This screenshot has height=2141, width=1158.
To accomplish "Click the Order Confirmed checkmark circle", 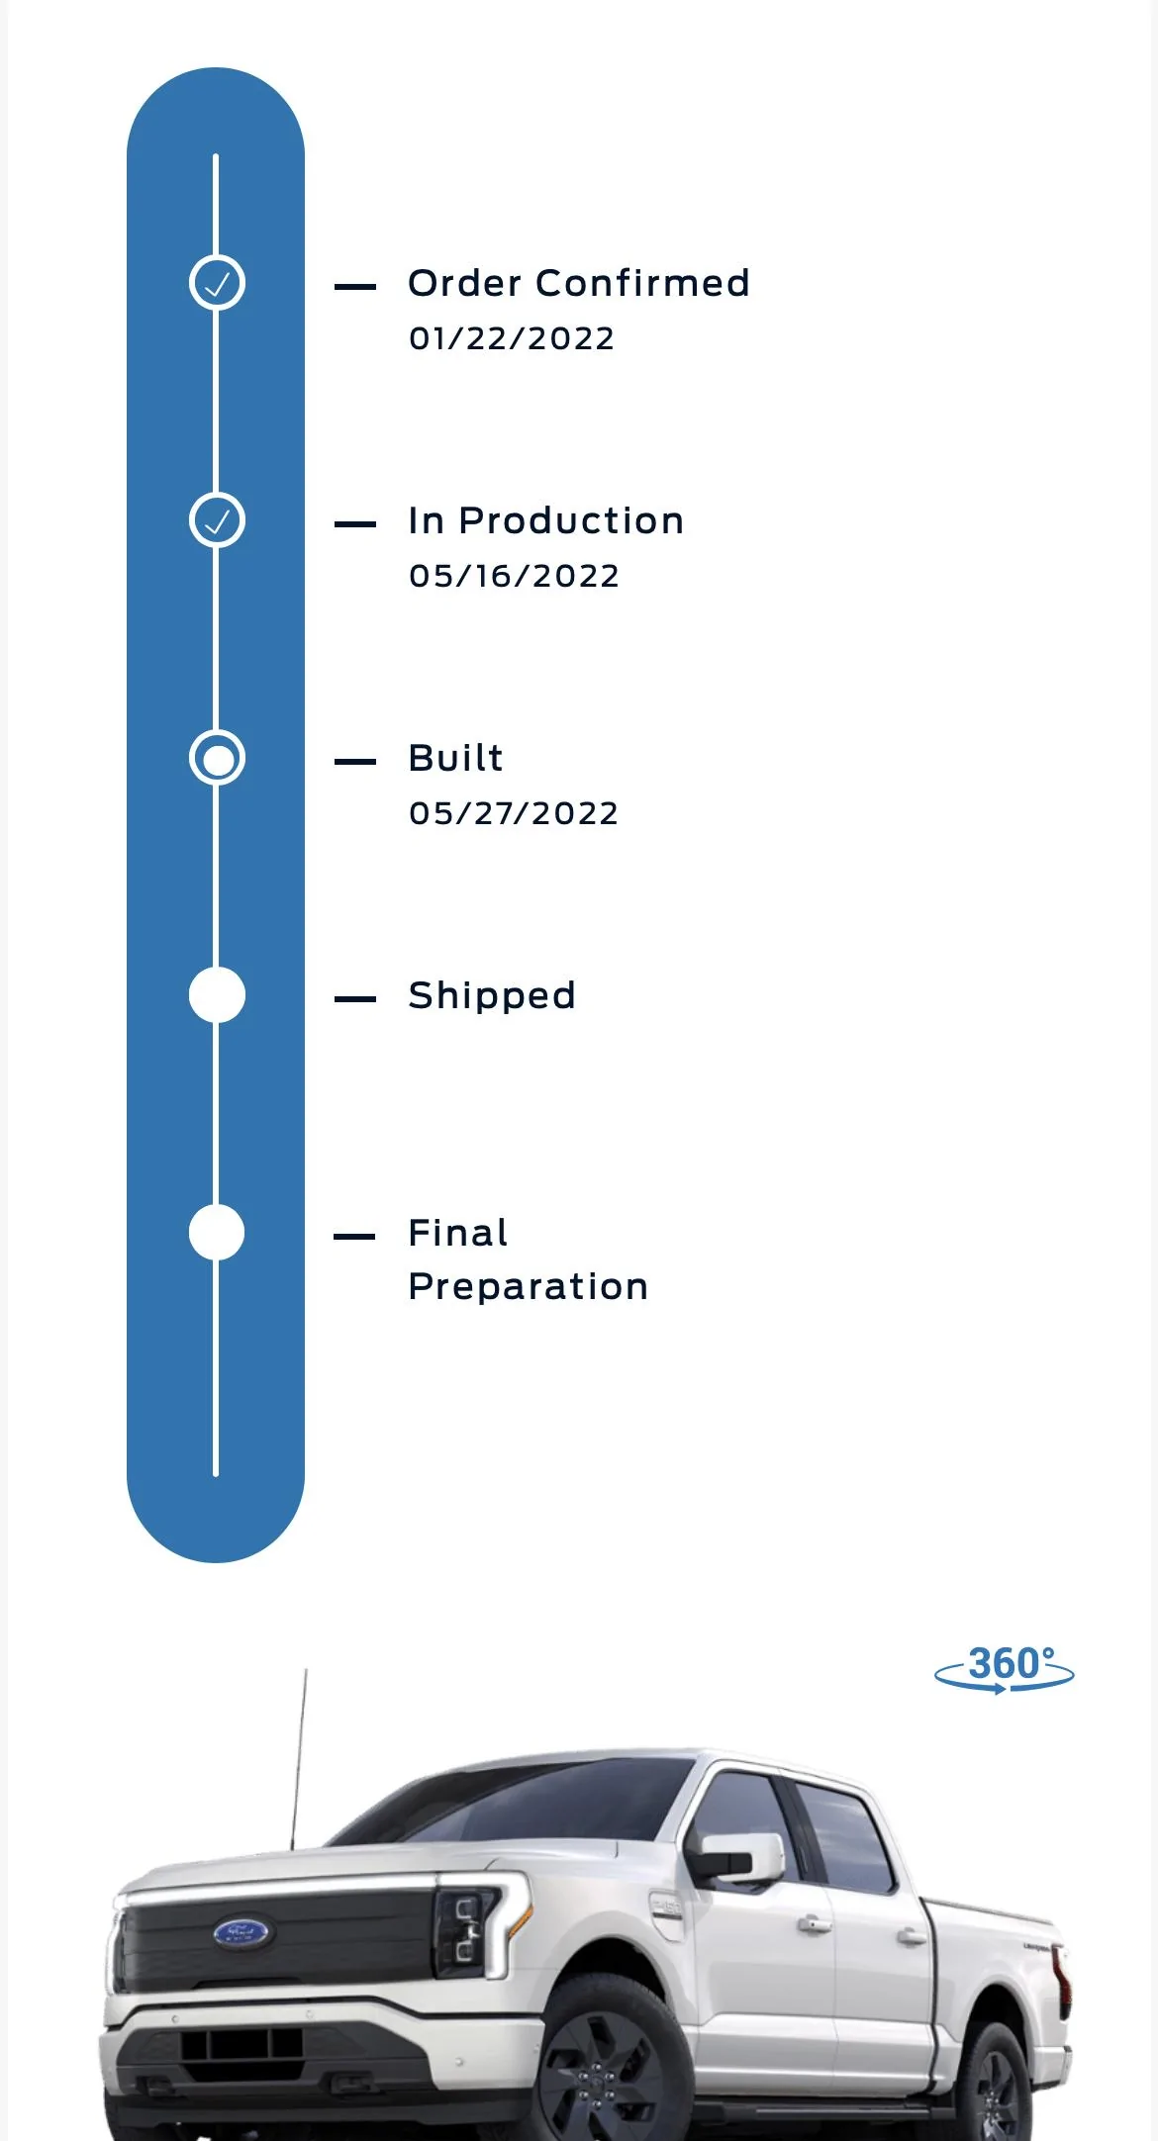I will pyautogui.click(x=217, y=283).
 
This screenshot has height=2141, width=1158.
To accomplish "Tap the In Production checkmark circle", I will pyautogui.click(x=217, y=520).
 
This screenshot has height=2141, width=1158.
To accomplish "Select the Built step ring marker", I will pyautogui.click(x=217, y=758).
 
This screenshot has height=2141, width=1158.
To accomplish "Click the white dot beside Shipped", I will pyautogui.click(x=217, y=995).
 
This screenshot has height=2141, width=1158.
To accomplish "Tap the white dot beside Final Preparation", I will pyautogui.click(x=217, y=1233).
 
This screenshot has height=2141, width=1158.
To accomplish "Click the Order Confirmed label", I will pyautogui.click(x=579, y=284).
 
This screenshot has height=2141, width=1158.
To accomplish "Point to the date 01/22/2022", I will pyautogui.click(x=512, y=339).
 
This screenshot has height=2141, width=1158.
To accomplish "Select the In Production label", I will pyautogui.click(x=545, y=521).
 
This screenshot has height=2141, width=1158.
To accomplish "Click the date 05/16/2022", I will pyautogui.click(x=514, y=577).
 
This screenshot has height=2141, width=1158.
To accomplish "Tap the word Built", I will pyautogui.click(x=455, y=759).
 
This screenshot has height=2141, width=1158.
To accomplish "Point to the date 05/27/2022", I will pyautogui.click(x=514, y=814).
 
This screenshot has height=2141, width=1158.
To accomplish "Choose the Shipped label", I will pyautogui.click(x=492, y=996).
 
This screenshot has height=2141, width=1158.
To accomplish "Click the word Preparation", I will pyautogui.click(x=528, y=1287).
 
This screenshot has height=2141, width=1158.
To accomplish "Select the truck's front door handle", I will pyautogui.click(x=815, y=1924).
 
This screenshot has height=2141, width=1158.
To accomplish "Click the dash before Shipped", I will pyautogui.click(x=355, y=999).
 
